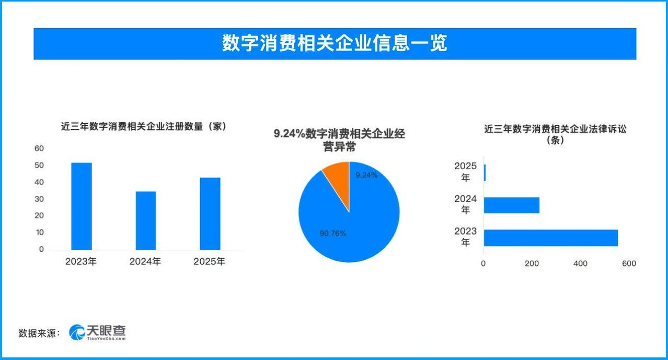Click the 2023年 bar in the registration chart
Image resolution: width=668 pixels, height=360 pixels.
[x=82, y=206]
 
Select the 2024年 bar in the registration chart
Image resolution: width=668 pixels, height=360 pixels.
[x=146, y=220]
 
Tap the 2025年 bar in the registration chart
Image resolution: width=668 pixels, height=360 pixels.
[x=210, y=214]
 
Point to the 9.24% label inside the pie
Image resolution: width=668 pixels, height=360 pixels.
[x=366, y=176]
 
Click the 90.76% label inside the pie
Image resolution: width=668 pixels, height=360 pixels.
[x=333, y=234]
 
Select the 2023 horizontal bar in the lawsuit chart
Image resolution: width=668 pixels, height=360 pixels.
[x=550, y=238]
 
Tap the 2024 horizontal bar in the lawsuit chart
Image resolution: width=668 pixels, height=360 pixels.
[x=511, y=205]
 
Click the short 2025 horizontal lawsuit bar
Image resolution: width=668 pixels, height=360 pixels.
[x=485, y=173]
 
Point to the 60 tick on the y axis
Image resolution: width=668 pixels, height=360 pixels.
[x=39, y=148]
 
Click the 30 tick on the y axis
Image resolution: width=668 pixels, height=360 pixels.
[x=39, y=199]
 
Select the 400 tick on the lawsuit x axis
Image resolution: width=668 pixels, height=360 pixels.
[x=580, y=264]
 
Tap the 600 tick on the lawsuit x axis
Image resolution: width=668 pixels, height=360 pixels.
[x=629, y=264]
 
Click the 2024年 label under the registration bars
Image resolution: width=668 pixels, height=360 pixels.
[x=145, y=262]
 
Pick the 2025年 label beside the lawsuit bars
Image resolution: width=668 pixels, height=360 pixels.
[x=465, y=172]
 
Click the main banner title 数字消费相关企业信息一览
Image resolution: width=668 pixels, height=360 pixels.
[x=335, y=43]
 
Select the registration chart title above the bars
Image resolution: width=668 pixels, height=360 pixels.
[x=144, y=126]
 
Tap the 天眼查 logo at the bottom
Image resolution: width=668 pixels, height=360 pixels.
[x=98, y=332]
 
